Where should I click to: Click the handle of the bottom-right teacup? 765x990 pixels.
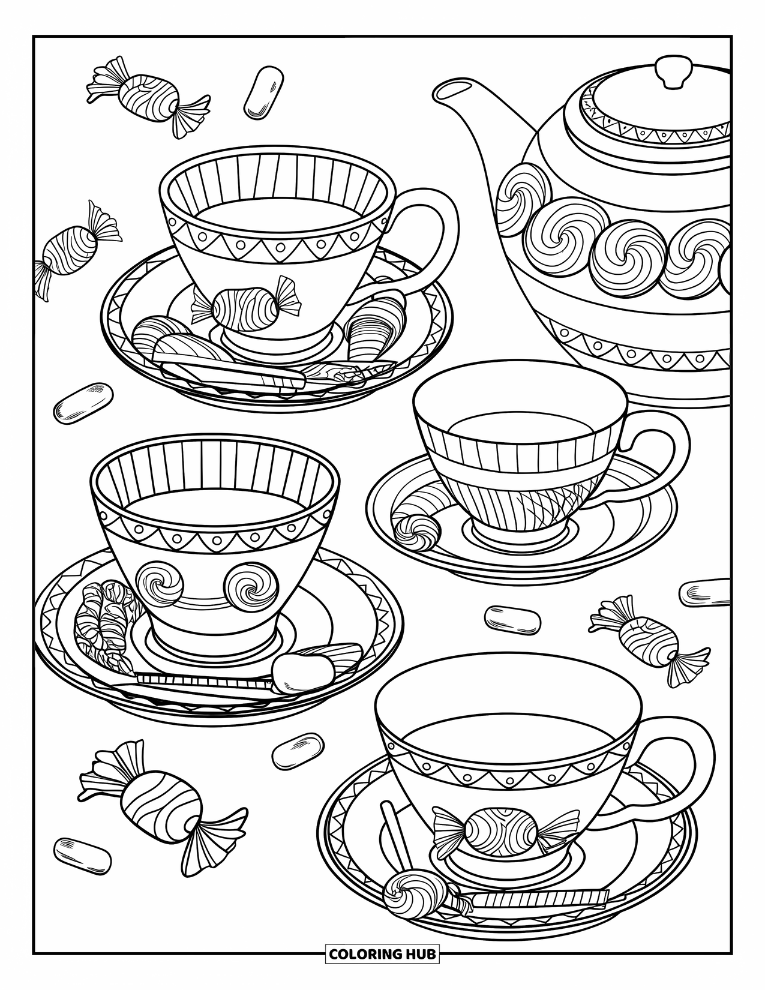684,765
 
